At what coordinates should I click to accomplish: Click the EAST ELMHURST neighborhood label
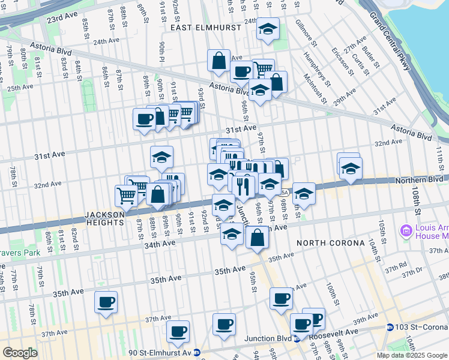(x=200, y=28)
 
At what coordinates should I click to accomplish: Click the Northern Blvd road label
(x=420, y=179)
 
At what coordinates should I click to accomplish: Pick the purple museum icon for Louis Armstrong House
(x=406, y=230)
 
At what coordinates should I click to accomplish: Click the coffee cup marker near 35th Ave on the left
(x=106, y=302)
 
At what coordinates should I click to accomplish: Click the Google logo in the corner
(x=20, y=352)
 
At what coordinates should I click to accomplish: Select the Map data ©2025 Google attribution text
(x=412, y=355)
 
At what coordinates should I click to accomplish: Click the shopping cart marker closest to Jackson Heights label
(x=126, y=196)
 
